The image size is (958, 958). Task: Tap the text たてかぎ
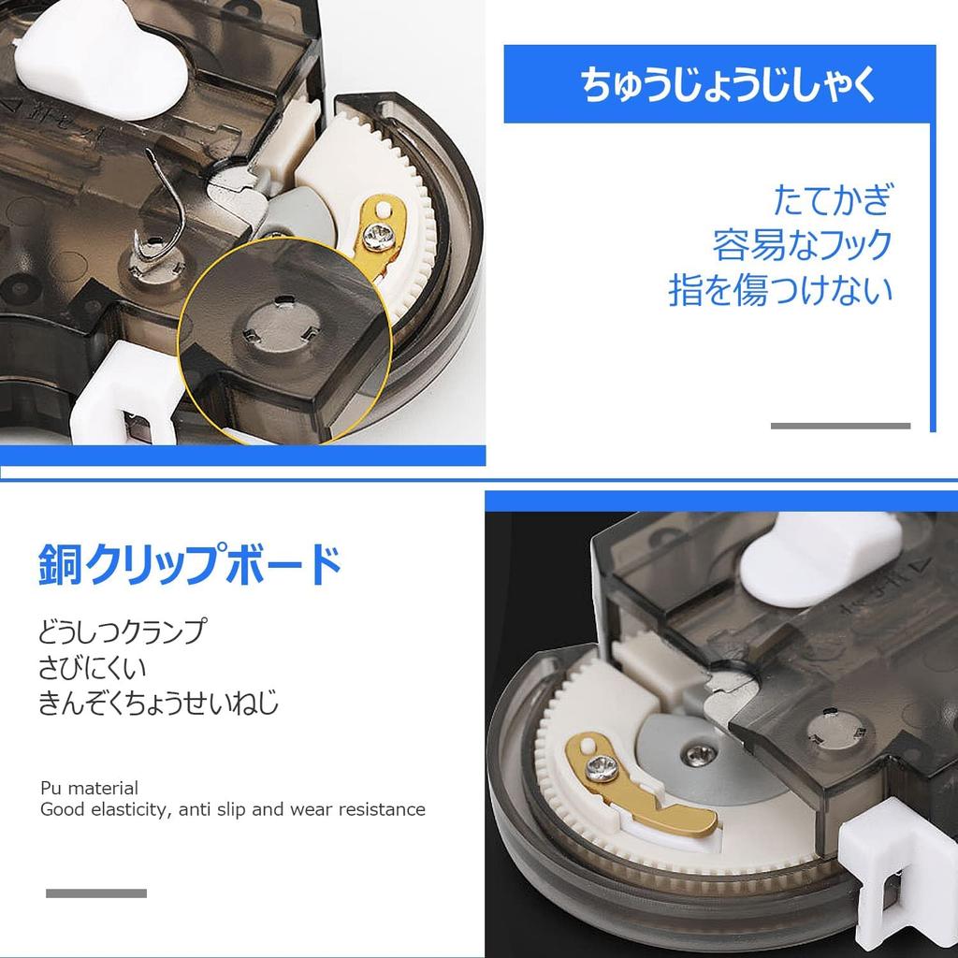point(832,201)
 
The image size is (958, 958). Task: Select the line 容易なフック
point(802,246)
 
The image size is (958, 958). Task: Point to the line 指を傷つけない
point(780,290)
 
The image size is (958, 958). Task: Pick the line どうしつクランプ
point(122,631)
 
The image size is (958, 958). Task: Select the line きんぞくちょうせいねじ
point(158,703)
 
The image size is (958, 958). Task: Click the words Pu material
point(89,788)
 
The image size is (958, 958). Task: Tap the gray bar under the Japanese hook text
point(840,426)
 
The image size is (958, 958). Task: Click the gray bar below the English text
point(96,893)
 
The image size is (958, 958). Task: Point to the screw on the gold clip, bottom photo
point(595,771)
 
